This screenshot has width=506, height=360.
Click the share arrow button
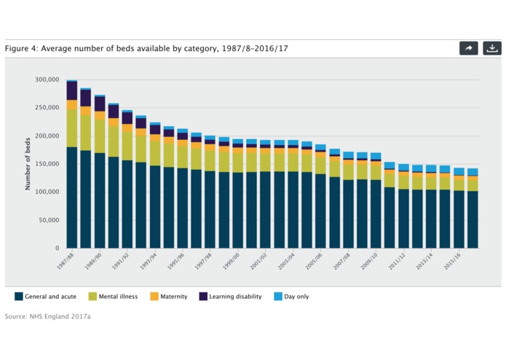[469, 48]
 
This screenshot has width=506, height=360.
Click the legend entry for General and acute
[46, 297]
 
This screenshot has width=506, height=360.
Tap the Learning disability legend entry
[230, 297]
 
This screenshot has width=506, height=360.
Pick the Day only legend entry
[294, 297]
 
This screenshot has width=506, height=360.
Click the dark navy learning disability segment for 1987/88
[72, 90]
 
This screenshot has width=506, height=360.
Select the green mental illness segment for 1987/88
[72, 128]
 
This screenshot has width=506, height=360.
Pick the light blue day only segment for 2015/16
[459, 172]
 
